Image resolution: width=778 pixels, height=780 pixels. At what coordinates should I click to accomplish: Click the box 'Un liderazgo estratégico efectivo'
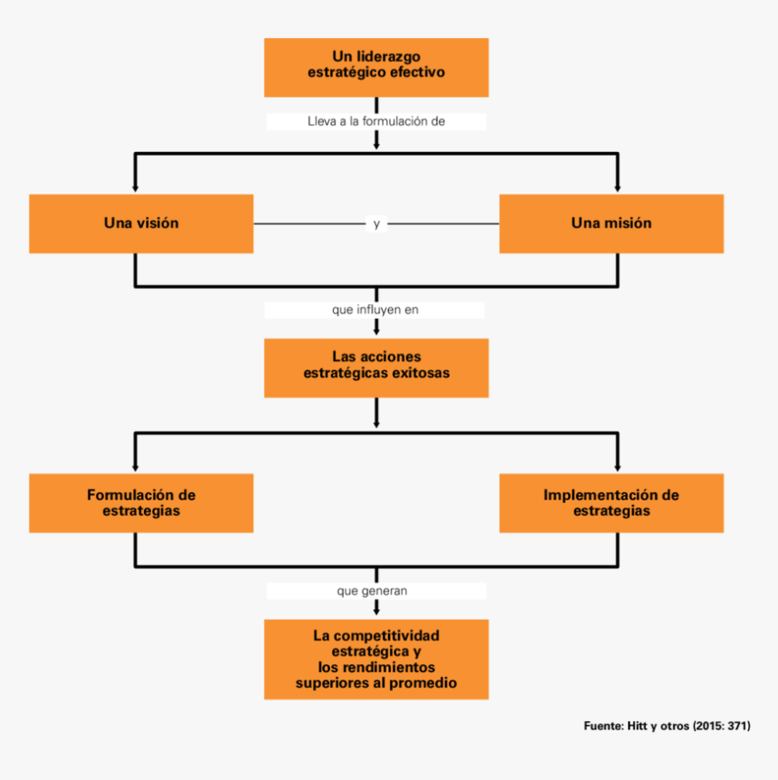pos(375,67)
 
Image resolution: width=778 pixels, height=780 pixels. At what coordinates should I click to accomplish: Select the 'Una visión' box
pos(141,224)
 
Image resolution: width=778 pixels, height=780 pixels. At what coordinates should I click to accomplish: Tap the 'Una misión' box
pos(611,224)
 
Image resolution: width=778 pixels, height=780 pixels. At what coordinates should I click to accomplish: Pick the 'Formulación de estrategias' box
pos(141,502)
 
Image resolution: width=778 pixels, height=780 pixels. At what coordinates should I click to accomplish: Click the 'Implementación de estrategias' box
pos(611,502)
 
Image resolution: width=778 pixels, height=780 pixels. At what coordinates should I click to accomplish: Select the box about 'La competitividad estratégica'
pos(375,659)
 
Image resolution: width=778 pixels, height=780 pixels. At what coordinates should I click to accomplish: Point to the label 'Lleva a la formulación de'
pos(375,121)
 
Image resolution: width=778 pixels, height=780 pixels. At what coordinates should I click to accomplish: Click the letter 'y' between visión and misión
pos(376,224)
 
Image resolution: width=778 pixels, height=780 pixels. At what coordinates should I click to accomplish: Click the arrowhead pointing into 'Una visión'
pos(136,187)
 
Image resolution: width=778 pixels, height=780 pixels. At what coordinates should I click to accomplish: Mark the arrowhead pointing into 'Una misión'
pos(618,187)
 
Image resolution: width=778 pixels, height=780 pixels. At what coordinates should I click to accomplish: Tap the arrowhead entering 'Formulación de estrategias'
pos(136,467)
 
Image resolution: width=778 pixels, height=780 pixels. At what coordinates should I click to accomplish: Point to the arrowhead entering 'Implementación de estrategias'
pos(618,467)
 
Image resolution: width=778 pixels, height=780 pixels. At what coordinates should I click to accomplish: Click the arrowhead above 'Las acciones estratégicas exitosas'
pos(375,332)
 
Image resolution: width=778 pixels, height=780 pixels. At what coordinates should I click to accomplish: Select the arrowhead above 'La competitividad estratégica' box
pos(375,613)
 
